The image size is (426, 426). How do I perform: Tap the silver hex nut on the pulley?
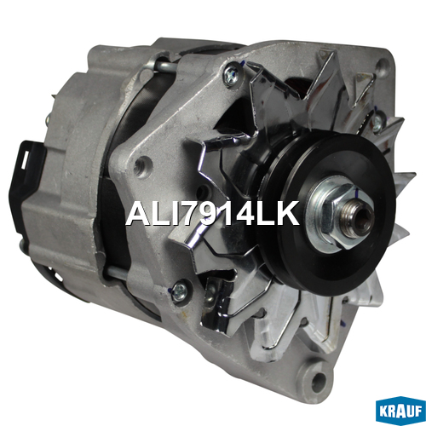[339, 215]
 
